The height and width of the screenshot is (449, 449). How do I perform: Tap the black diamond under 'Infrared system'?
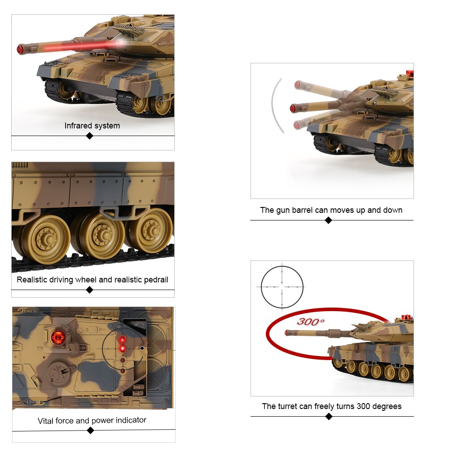coord(90,136)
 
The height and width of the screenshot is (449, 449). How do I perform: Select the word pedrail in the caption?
coord(156,280)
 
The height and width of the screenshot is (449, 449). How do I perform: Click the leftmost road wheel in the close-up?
coord(46,239)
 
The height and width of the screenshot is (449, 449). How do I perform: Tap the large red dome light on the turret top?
coord(58,337)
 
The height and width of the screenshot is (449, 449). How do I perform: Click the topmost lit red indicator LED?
coord(123,339)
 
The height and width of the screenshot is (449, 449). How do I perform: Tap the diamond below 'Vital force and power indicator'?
coord(91,430)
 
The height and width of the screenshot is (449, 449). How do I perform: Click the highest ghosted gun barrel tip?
coord(298,85)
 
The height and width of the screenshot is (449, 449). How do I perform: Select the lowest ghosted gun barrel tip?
coord(297,125)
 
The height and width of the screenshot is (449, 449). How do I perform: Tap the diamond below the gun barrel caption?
coord(329,220)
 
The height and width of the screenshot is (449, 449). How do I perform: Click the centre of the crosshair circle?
coord(282,286)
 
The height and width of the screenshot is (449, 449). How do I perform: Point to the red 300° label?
coord(311,321)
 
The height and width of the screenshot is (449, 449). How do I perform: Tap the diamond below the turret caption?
coord(329,417)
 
